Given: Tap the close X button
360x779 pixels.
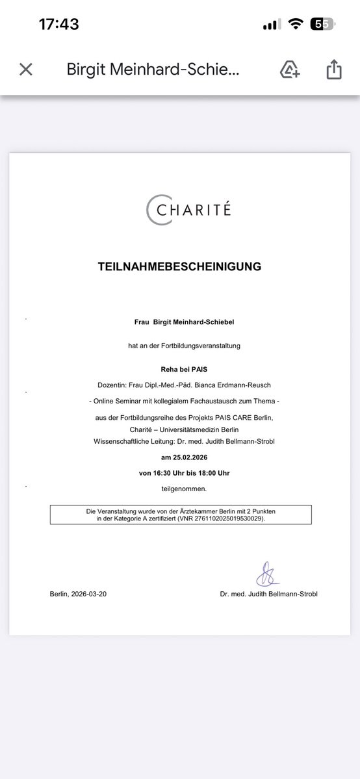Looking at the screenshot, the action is click(26, 70).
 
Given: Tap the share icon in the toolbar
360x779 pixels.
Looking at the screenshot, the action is click(333, 70).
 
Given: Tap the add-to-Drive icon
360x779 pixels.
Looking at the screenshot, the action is click(290, 70).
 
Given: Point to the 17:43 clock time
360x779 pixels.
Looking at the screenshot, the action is click(58, 25).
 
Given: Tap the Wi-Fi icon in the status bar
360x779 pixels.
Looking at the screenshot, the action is click(296, 25).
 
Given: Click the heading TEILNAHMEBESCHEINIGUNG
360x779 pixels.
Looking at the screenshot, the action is click(179, 266).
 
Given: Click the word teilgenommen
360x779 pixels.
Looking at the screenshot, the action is click(179, 489).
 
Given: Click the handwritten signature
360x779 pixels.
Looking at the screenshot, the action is click(266, 574).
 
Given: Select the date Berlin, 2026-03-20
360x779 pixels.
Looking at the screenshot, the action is click(78, 594).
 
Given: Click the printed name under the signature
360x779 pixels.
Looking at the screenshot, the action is click(268, 594).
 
